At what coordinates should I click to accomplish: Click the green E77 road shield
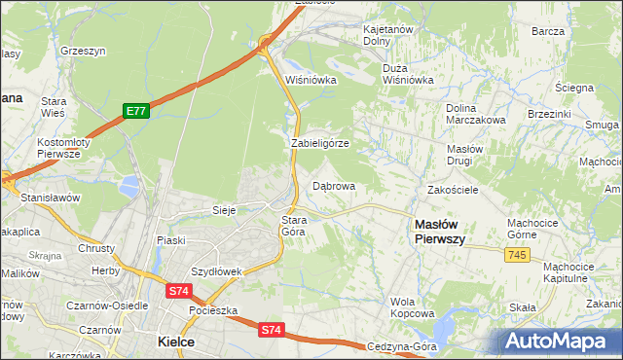pyautogui.click(x=136, y=112)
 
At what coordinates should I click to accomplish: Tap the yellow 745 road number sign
pyautogui.click(x=516, y=254)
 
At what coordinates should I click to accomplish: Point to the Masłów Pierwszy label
pyautogui.click(x=439, y=230)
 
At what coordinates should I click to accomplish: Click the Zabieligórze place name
pyautogui.click(x=319, y=143)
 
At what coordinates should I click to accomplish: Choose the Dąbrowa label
pyautogui.click(x=333, y=186)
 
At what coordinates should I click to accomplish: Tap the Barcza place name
pyautogui.click(x=549, y=31)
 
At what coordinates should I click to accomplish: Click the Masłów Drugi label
pyautogui.click(x=459, y=154)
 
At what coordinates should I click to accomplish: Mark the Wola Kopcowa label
pyautogui.click(x=412, y=307)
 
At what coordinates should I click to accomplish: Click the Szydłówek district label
pyautogui.click(x=215, y=271)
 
